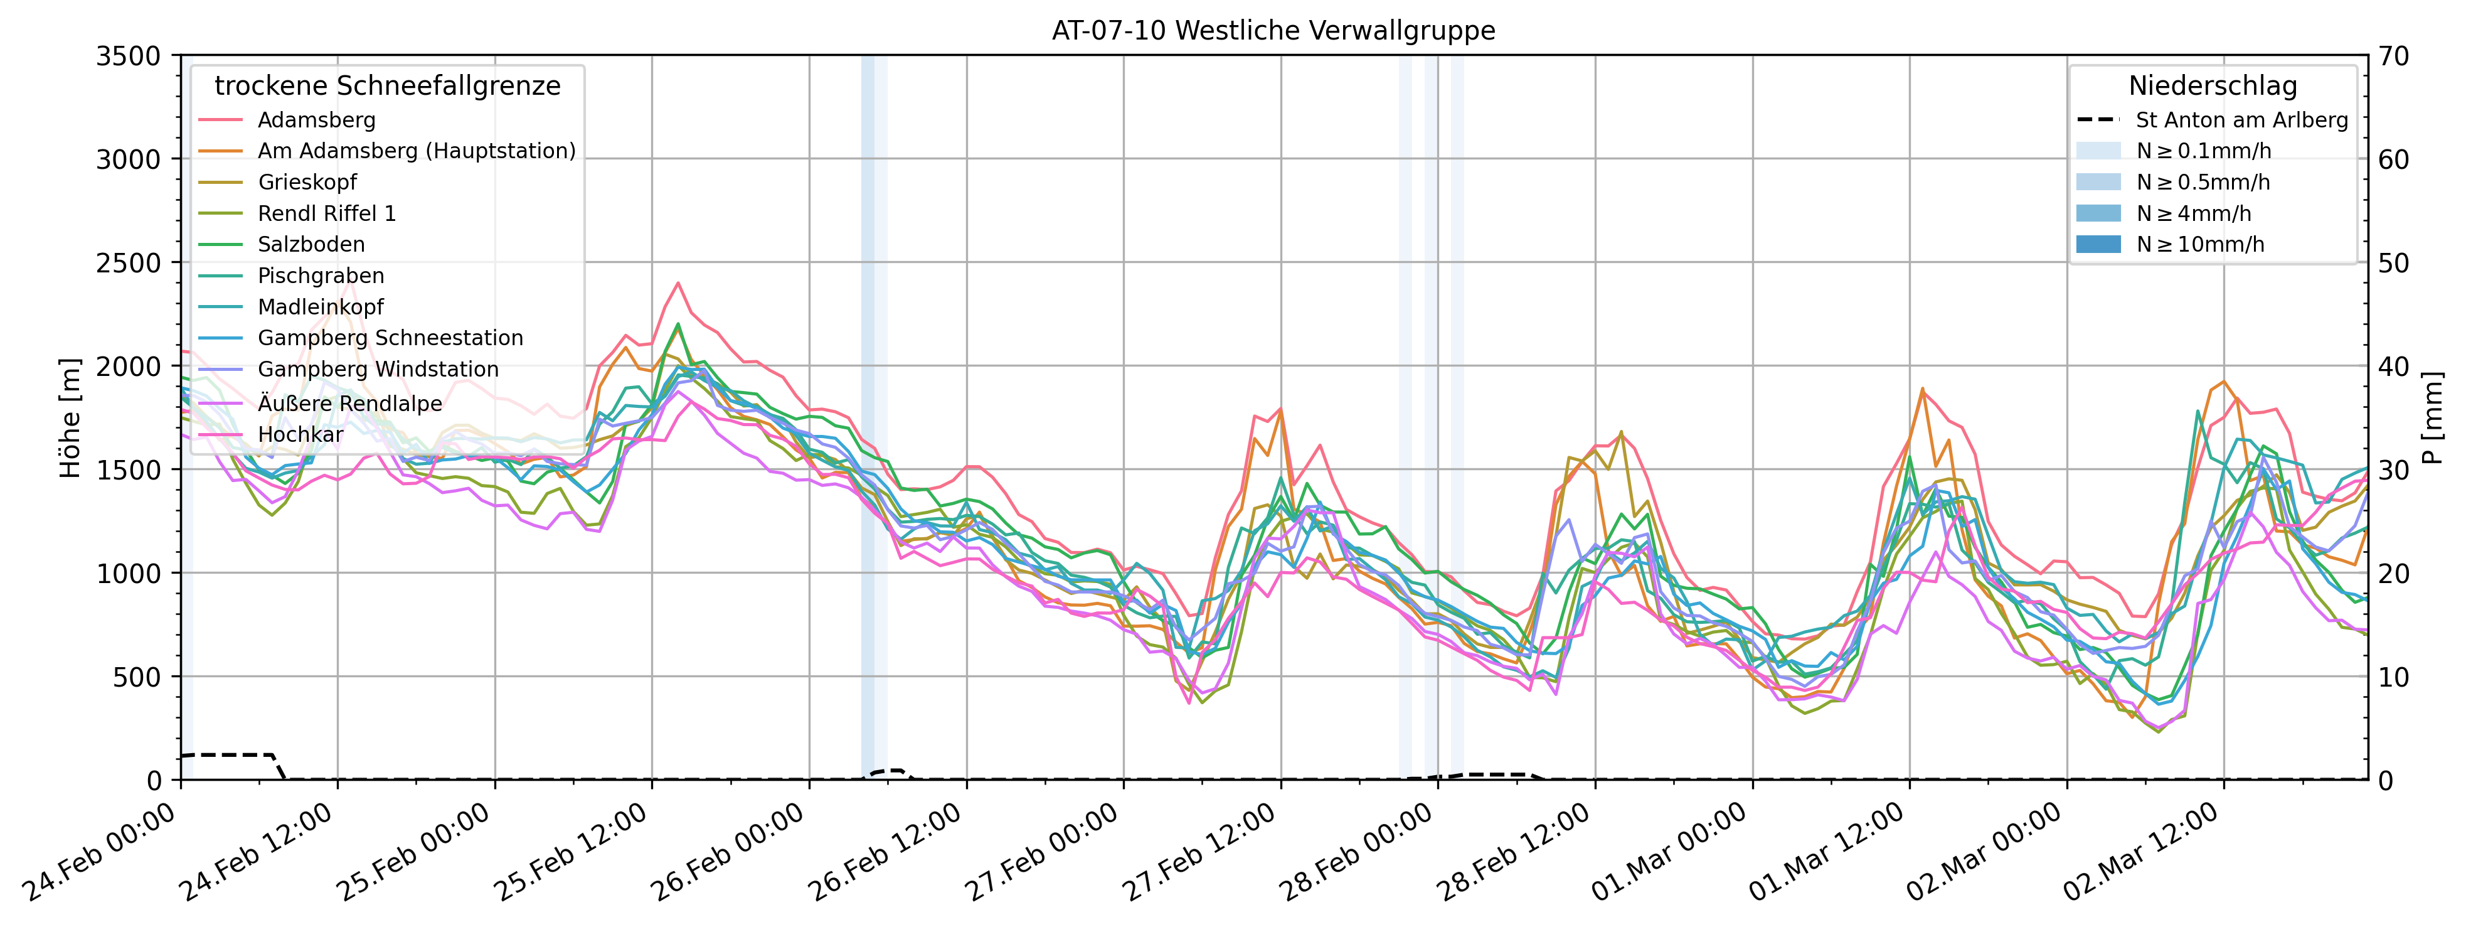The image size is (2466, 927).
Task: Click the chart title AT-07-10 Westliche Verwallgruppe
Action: pos(1273,31)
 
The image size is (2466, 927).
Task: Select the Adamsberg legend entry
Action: pos(316,120)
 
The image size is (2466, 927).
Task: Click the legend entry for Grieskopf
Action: pos(306,182)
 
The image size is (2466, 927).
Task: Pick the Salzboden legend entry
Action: pos(311,244)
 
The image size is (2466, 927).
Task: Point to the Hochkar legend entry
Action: pos(300,435)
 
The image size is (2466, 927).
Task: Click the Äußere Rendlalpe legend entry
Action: pos(349,403)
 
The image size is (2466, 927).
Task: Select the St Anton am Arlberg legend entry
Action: pos(2241,120)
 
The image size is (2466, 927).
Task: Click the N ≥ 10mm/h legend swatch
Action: pos(2098,244)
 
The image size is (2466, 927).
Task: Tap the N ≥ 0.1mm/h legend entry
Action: pos(2203,151)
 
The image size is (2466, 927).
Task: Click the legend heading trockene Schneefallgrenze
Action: pos(387,86)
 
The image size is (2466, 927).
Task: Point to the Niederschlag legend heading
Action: pos(2213,86)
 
